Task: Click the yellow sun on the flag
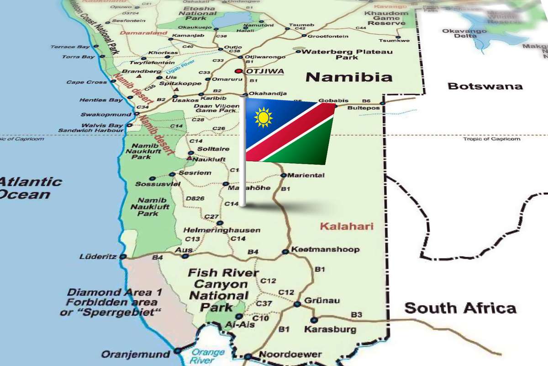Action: coord(263,117)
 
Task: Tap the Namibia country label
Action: coord(349,76)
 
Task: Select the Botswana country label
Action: coord(485,86)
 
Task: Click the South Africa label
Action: coord(460,308)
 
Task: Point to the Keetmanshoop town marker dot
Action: coord(285,251)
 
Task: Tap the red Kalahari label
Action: coord(347,226)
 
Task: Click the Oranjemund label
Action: coord(135,354)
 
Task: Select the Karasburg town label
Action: coord(324,329)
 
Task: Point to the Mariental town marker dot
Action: coord(283,175)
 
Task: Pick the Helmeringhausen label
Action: coord(222,230)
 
